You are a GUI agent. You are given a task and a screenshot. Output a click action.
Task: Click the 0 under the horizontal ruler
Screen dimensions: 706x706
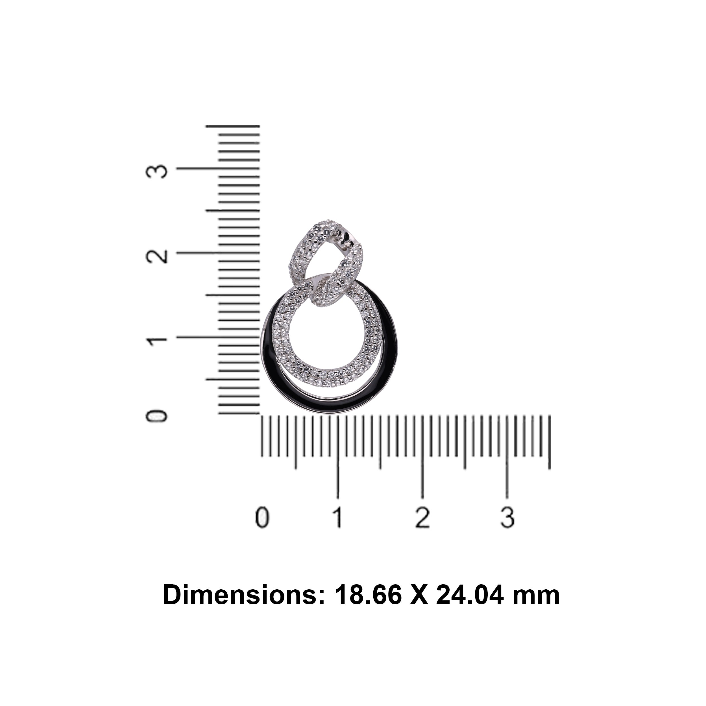262,517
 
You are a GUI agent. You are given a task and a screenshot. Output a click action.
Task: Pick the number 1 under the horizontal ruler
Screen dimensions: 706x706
338,517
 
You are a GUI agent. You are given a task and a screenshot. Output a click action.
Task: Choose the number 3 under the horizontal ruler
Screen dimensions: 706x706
507,517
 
